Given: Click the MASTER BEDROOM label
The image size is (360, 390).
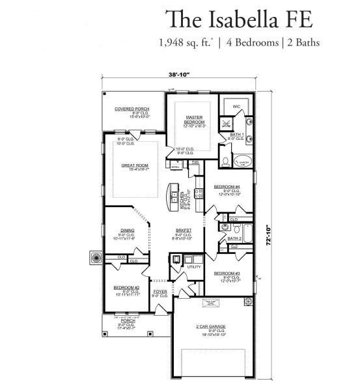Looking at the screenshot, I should point(193,120).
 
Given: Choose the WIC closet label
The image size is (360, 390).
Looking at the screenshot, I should point(235,106).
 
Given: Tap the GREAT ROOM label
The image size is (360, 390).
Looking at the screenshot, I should point(135,165).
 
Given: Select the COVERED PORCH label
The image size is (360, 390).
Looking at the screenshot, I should point(132,109).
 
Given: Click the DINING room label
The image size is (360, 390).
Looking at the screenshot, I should point(127,229).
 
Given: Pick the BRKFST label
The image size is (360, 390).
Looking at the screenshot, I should point(183,230).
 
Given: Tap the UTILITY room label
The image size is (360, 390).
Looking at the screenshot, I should point(193,267).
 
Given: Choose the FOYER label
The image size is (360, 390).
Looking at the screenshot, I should point(160,291).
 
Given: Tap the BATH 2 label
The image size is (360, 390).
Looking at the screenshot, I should point(235,239).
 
